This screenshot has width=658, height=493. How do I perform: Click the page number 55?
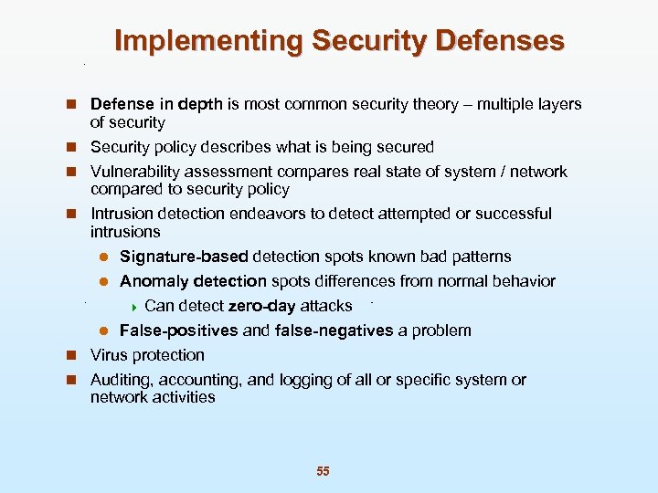[323, 471]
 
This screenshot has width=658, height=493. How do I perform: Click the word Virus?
[110, 355]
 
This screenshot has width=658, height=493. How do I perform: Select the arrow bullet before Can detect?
[135, 306]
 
